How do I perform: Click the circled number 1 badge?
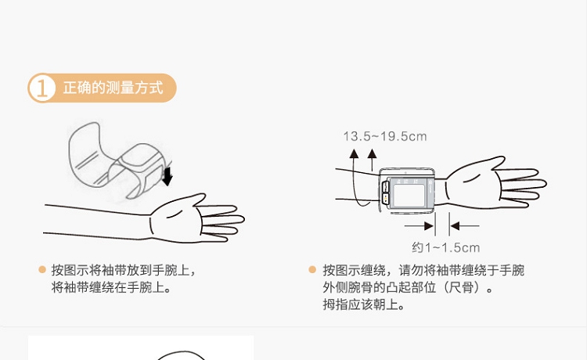(42, 88)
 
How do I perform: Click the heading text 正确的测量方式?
(113, 88)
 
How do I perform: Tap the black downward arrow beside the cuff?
(167, 176)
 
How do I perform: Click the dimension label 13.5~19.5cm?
(385, 137)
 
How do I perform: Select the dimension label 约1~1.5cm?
(445, 247)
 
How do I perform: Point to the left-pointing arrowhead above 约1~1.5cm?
(455, 226)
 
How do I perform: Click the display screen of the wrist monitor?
(408, 193)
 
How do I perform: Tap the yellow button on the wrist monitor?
(385, 199)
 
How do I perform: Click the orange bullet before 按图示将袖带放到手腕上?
(42, 269)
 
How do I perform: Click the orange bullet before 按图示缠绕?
(312, 269)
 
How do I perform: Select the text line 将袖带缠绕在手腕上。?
(111, 287)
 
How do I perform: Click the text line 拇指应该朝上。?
(363, 304)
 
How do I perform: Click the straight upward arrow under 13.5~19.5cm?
(372, 160)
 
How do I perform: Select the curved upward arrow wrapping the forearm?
(355, 180)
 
